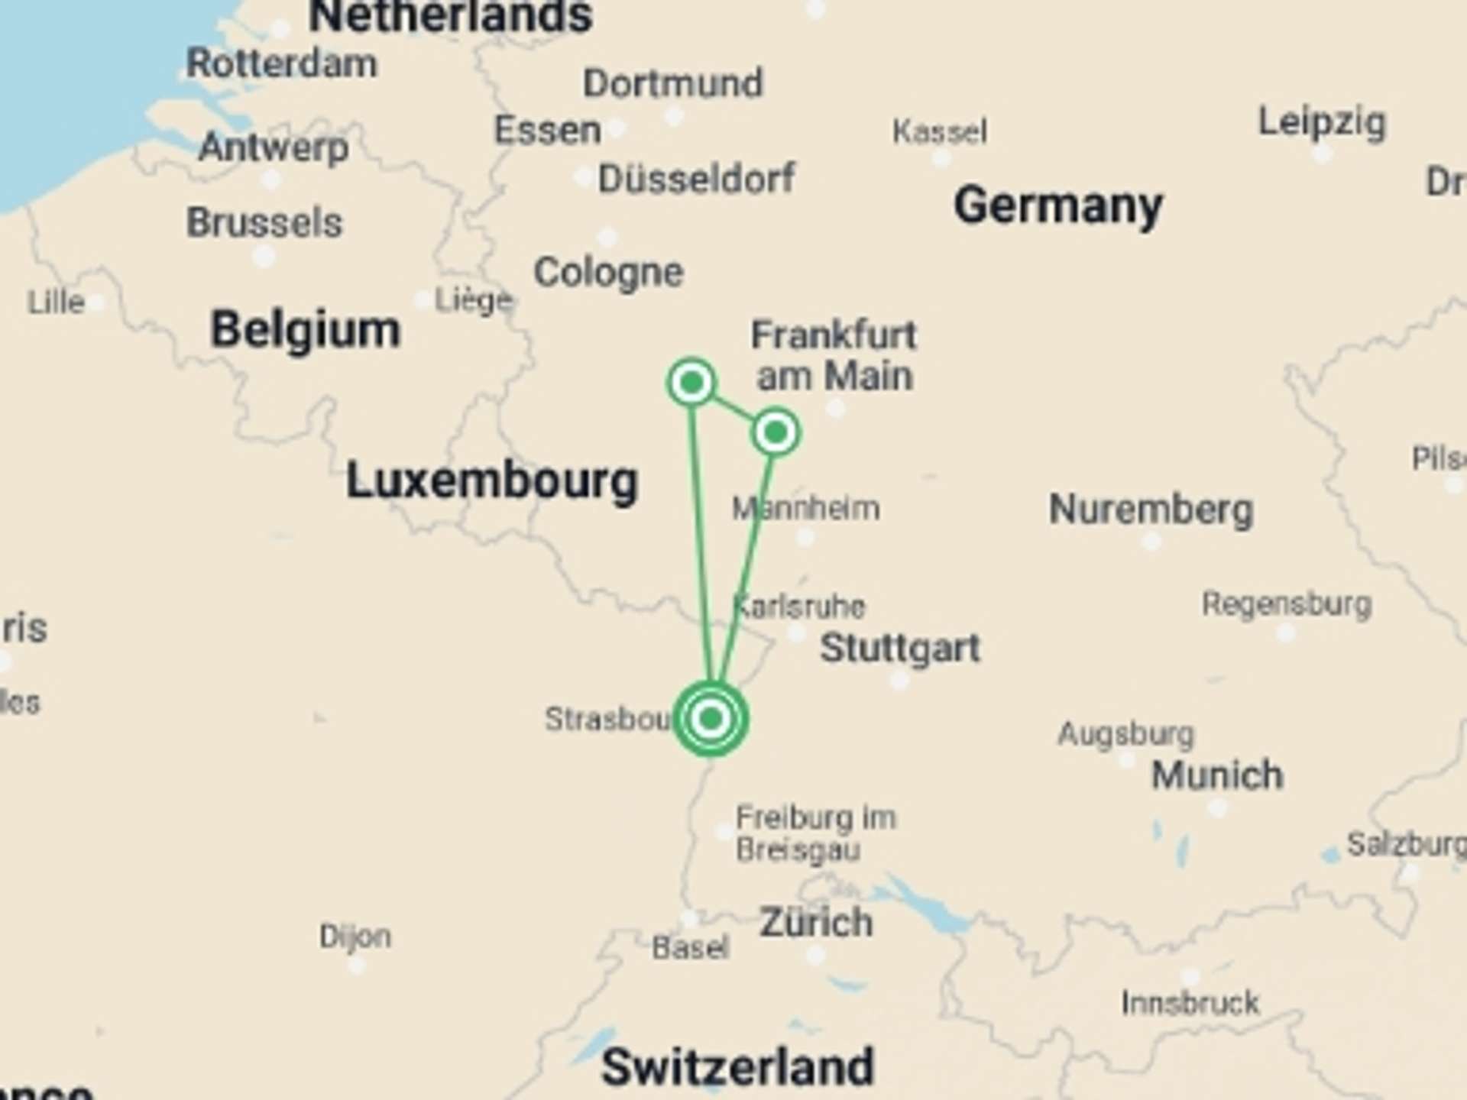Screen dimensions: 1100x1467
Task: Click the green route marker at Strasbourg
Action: (711, 719)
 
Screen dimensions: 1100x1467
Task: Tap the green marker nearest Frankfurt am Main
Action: (776, 433)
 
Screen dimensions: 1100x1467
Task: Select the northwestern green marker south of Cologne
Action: (691, 382)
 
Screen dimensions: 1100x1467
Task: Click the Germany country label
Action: (1058, 206)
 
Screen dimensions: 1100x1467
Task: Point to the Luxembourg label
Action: (492, 481)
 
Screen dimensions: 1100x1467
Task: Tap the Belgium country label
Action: (305, 330)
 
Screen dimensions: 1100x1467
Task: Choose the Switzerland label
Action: (737, 1067)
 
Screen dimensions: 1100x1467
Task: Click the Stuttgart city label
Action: (899, 649)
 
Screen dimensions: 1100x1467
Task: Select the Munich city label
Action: (1217, 775)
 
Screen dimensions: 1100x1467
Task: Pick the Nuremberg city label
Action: (1151, 510)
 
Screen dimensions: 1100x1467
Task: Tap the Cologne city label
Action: (608, 273)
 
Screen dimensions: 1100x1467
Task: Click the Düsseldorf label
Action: (696, 180)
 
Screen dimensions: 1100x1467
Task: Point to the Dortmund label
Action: (672, 83)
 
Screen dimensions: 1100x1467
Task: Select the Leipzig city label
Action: (1322, 122)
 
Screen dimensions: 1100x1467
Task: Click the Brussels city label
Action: (264, 223)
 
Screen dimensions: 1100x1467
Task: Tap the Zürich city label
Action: (816, 923)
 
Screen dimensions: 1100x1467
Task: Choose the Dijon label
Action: (355, 937)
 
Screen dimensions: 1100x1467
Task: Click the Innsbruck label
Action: (1190, 1003)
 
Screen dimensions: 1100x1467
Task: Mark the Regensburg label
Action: (1287, 604)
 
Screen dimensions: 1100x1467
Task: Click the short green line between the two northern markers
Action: (733, 407)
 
